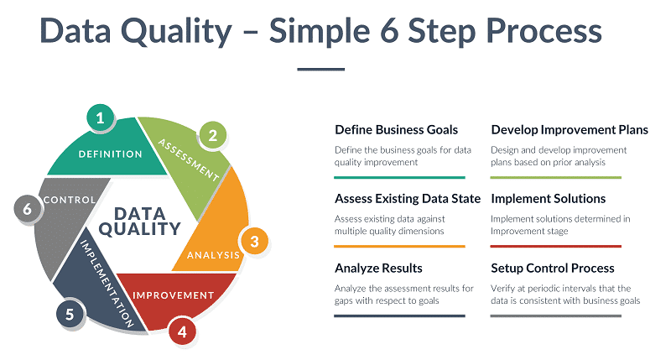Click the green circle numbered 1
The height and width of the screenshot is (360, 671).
click(100, 117)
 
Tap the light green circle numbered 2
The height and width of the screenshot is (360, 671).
click(213, 135)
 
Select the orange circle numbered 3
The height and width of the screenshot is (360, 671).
click(254, 241)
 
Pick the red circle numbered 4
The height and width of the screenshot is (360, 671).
click(182, 331)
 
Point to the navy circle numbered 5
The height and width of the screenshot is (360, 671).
click(70, 314)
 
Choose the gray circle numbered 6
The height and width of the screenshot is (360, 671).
click(28, 209)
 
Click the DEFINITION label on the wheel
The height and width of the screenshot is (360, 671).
click(111, 154)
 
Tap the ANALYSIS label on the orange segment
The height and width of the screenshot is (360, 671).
click(213, 255)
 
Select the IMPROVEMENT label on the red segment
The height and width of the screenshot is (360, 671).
click(173, 295)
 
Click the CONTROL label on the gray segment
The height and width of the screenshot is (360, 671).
click(70, 200)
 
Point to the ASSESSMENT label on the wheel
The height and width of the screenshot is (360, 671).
click(189, 159)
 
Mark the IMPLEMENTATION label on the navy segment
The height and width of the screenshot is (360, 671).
click(107, 284)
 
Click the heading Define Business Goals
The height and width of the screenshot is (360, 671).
click(396, 130)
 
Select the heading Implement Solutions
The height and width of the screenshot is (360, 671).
click(549, 199)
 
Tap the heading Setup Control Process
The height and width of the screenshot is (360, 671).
click(553, 268)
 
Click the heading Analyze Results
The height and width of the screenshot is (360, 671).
click(378, 268)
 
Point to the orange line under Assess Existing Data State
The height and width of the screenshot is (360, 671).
click(399, 246)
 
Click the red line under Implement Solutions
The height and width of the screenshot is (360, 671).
click(555, 246)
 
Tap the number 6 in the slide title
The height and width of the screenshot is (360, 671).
click(389, 31)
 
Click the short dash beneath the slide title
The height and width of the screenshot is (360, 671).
click(321, 69)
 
